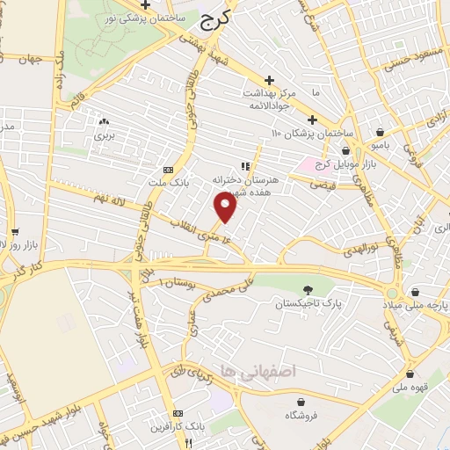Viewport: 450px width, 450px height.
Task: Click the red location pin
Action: [x=226, y=207]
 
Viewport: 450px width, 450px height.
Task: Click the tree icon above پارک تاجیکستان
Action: [x=308, y=290]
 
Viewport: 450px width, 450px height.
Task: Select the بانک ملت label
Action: [x=169, y=183]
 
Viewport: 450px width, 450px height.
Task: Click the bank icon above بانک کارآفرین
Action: [x=178, y=413]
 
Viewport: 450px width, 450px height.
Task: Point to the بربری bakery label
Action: [x=105, y=136]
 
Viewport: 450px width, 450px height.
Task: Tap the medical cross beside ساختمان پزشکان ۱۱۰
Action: [x=312, y=120]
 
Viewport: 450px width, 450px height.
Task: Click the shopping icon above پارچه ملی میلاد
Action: [x=420, y=289]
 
